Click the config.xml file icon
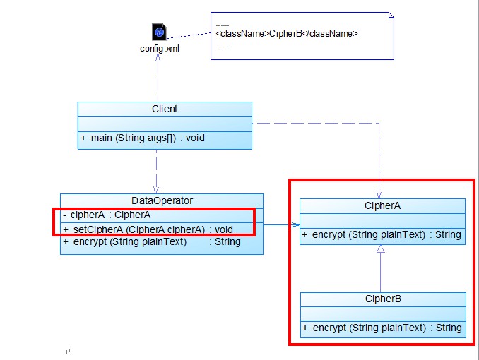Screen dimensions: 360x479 click(159, 32)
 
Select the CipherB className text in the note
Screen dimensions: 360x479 click(287, 33)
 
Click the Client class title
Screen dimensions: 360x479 click(165, 109)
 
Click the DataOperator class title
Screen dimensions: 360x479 click(162, 200)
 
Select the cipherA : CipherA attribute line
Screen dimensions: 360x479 click(106, 215)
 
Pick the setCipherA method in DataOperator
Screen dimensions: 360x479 click(148, 229)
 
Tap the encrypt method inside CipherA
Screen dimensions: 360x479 click(382, 234)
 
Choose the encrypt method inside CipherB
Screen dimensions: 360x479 click(382, 328)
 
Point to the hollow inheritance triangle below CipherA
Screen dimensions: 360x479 click(381, 249)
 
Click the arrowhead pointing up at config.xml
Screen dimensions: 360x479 click(158, 58)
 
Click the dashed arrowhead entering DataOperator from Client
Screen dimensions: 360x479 click(156, 190)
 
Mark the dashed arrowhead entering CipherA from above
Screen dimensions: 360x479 click(379, 195)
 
